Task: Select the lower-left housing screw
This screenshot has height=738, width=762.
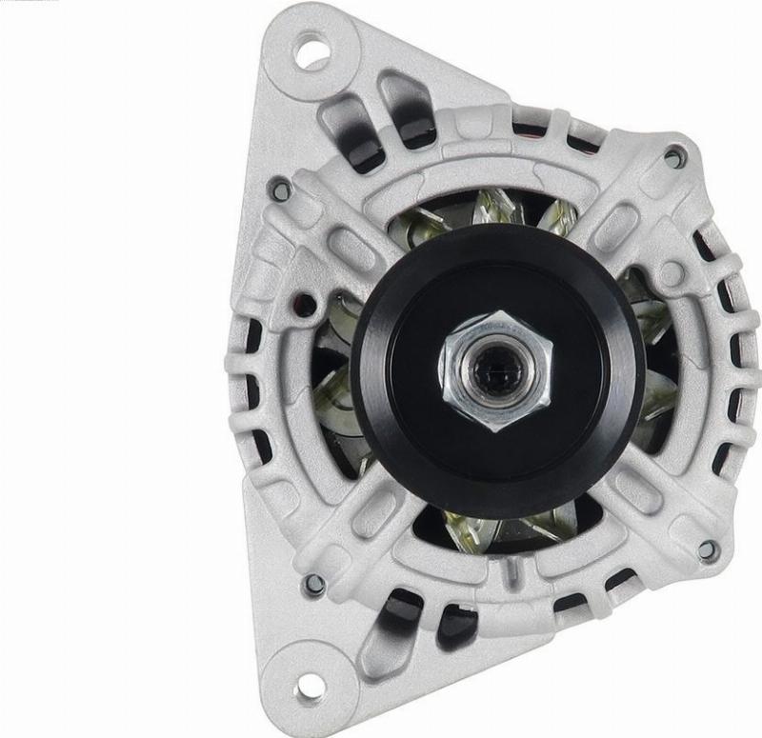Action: click(x=312, y=583)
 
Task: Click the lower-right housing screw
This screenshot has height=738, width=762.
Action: click(x=707, y=549)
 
